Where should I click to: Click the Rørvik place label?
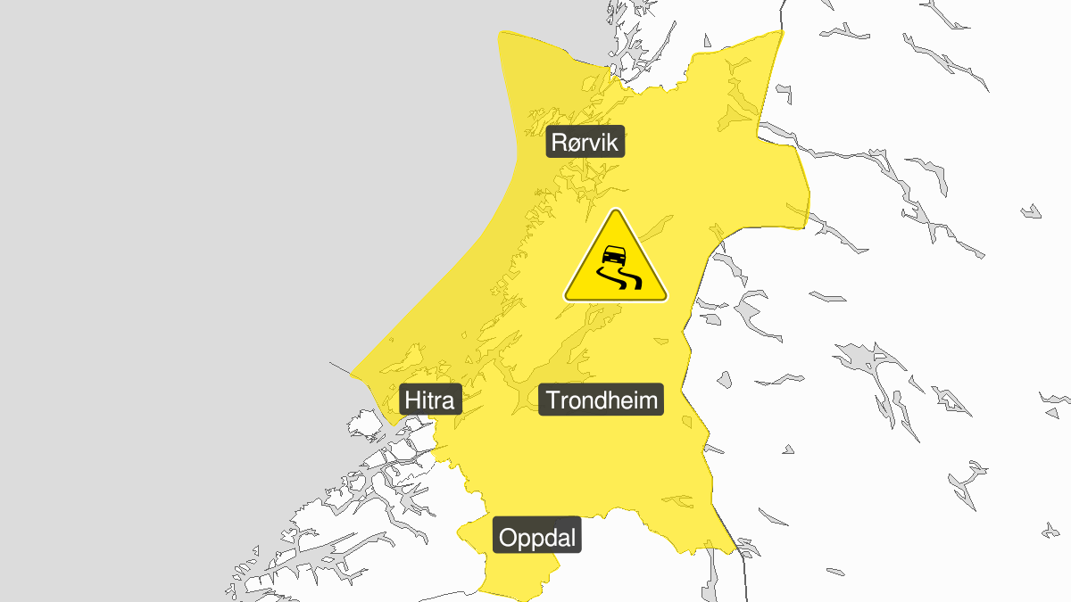click(585, 142)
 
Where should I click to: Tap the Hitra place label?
click(429, 400)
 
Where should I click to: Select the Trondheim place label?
click(602, 400)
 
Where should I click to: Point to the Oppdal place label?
click(538, 538)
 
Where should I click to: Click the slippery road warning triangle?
click(616, 261)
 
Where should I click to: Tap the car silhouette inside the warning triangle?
click(612, 256)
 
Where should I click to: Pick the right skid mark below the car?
click(633, 282)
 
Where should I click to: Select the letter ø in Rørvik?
click(575, 144)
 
